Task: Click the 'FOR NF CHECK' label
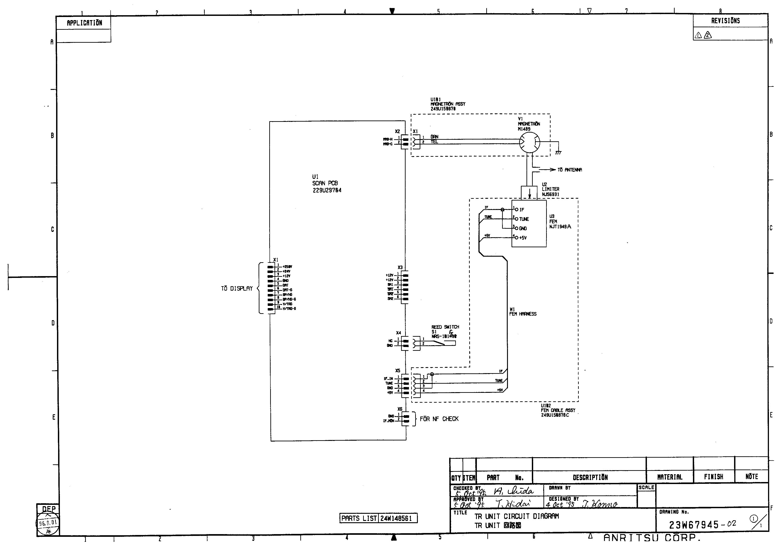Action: pyautogui.click(x=439, y=419)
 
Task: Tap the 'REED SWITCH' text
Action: pyautogui.click(x=445, y=327)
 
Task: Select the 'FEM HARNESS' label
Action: pyautogui.click(x=523, y=314)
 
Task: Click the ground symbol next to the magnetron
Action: pyautogui.click(x=558, y=153)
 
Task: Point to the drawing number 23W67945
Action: pyautogui.click(x=694, y=525)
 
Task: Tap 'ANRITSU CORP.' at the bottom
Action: pyautogui.click(x=652, y=538)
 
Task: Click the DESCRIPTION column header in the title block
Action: pyautogui.click(x=590, y=478)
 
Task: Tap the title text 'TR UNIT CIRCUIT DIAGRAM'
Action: pyautogui.click(x=516, y=516)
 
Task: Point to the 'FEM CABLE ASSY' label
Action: pyautogui.click(x=558, y=410)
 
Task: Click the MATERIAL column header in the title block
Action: pyautogui.click(x=669, y=477)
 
